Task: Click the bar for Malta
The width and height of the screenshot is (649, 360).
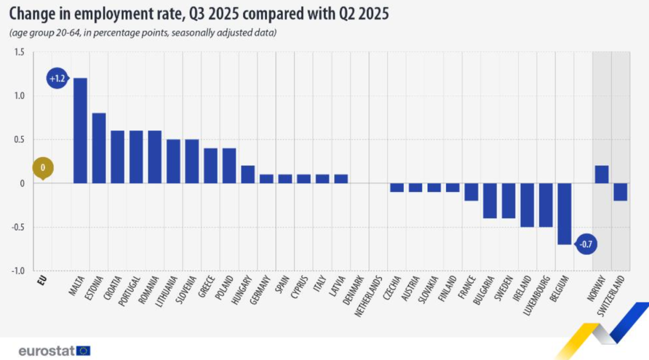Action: coord(80,131)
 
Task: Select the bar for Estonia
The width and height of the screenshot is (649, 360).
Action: coord(99,148)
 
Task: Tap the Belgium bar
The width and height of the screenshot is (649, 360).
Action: coord(564,214)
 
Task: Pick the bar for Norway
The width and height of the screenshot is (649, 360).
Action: coord(601,174)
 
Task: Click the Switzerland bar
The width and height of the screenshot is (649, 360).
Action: coord(620,192)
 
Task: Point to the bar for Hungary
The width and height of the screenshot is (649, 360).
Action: coord(248,174)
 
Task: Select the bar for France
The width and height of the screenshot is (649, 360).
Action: coord(471,192)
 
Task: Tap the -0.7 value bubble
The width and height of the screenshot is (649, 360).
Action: coord(586,244)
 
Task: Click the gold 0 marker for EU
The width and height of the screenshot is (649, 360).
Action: coord(43,168)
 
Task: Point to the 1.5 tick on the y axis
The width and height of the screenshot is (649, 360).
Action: coord(19,52)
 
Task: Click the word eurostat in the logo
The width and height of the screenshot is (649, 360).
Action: coord(46,351)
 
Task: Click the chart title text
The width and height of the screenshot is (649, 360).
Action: coord(198,14)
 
